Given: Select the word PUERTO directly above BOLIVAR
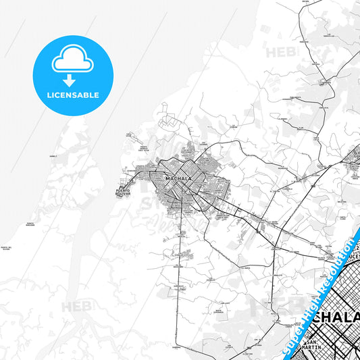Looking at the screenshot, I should (x=123, y=191).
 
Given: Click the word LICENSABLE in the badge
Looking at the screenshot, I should (x=74, y=95).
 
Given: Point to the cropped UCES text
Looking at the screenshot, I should (x=344, y=258).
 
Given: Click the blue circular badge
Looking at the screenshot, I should (x=74, y=74).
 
